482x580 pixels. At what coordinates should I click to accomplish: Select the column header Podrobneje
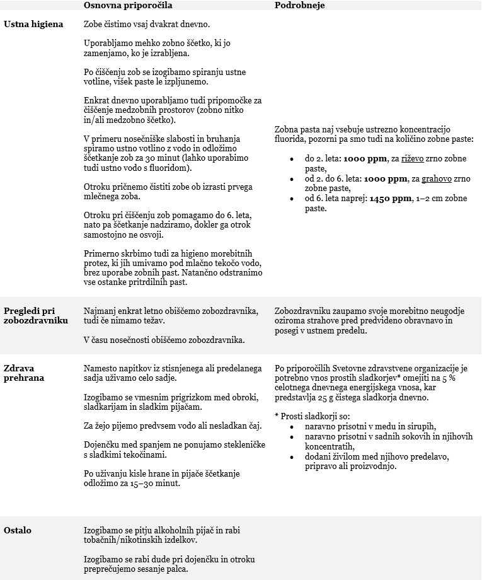pos(300,5)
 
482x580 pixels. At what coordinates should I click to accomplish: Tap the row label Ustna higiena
pos(33,25)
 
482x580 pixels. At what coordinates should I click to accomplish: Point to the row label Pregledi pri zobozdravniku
pos(36,315)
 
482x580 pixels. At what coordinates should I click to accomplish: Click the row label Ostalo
pos(18,530)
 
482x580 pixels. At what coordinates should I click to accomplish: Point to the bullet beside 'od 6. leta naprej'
pos(291,199)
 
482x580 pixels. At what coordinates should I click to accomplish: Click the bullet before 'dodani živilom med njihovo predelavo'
pos(291,457)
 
